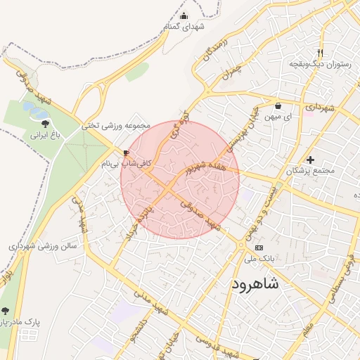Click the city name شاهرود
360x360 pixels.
[x=255, y=284]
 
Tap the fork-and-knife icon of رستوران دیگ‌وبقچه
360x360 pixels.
[x=320, y=53]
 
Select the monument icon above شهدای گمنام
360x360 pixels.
[x=184, y=16]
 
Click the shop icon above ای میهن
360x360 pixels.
[x=278, y=105]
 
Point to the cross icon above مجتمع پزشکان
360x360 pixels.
[x=310, y=160]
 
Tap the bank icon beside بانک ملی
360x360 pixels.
[x=259, y=248]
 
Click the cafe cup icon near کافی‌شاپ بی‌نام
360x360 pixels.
[x=126, y=152]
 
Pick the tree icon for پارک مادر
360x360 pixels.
[x=5, y=311]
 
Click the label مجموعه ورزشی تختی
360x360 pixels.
[x=116, y=126]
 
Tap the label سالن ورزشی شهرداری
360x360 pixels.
[x=42, y=247]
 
